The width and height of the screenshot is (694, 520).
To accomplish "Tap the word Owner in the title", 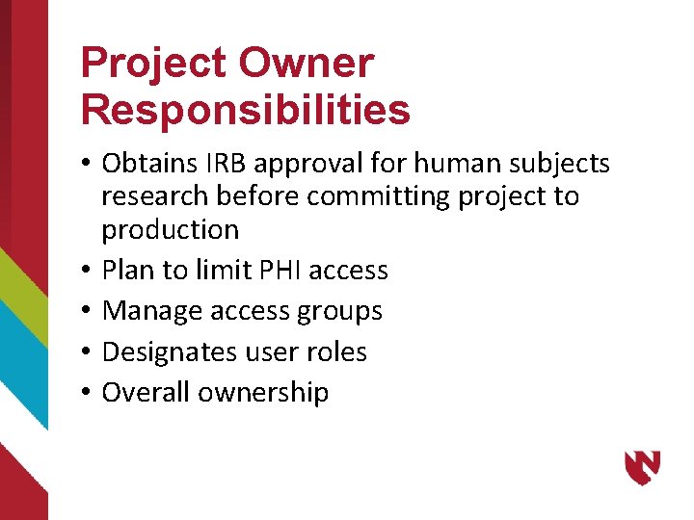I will click(x=306, y=65).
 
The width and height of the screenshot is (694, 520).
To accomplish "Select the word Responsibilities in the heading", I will click(x=246, y=111).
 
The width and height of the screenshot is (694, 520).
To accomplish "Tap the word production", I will click(x=171, y=230).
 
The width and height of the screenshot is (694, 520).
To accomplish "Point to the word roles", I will click(x=335, y=352).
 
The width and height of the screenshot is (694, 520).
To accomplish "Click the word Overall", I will click(x=147, y=393).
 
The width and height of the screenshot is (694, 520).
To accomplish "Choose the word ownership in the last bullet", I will click(x=265, y=393).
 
